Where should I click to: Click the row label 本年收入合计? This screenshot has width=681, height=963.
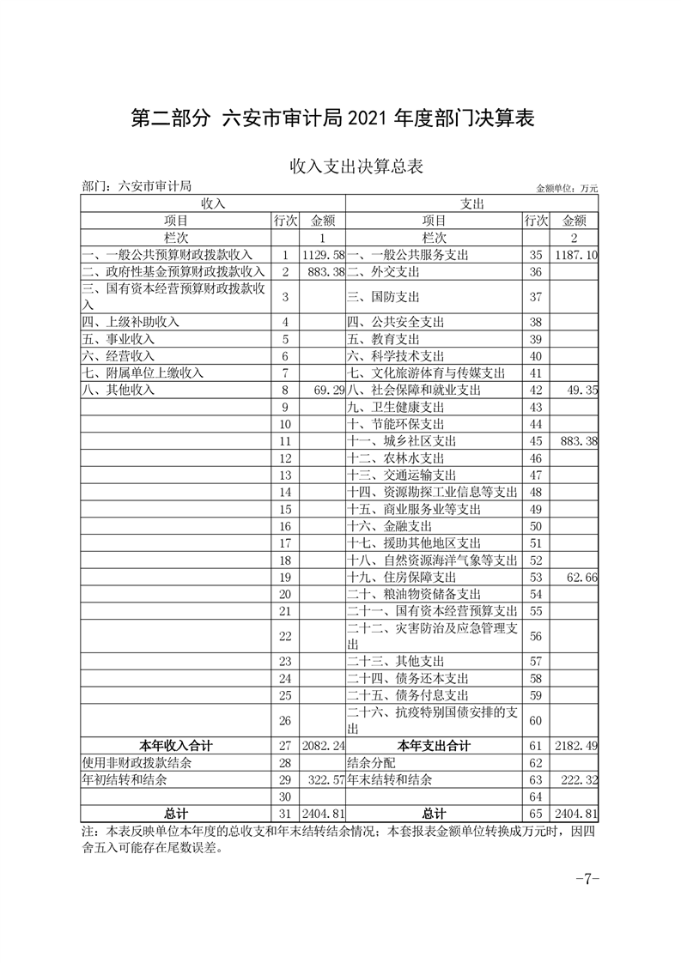click(176, 746)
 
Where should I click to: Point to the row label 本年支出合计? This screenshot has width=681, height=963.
click(434, 746)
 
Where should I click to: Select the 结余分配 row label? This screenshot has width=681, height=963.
click(371, 762)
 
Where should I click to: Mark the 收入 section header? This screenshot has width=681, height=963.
click(212, 203)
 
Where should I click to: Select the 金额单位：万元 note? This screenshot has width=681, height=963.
click(566, 188)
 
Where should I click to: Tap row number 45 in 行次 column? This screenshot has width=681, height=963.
click(535, 441)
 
